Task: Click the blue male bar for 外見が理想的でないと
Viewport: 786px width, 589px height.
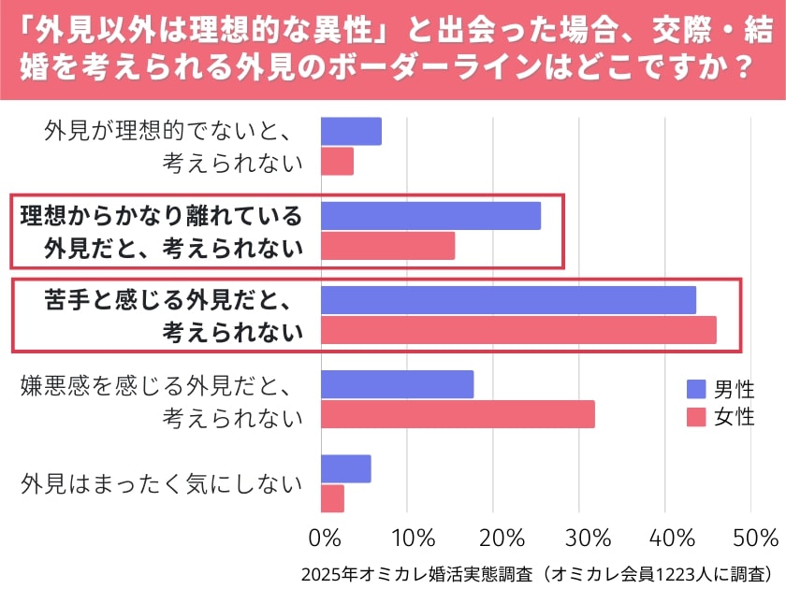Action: [x=351, y=132]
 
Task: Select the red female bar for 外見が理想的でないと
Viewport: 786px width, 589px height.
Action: [x=337, y=162]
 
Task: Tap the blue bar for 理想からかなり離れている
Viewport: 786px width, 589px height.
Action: [x=430, y=216]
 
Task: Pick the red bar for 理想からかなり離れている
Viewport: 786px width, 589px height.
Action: [x=387, y=246]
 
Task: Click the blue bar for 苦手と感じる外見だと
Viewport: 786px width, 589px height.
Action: [x=508, y=300]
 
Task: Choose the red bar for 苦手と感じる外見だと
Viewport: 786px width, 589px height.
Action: [x=518, y=330]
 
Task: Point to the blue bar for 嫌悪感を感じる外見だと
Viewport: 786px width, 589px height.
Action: [x=397, y=384]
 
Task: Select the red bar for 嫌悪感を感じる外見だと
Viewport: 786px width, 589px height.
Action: [x=458, y=414]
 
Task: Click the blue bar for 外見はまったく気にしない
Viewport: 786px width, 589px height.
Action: [x=345, y=468]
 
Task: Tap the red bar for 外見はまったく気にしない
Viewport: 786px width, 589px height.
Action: [x=332, y=498]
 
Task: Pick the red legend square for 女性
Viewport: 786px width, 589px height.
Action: [x=697, y=417]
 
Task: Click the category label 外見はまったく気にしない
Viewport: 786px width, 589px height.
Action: [x=162, y=484]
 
